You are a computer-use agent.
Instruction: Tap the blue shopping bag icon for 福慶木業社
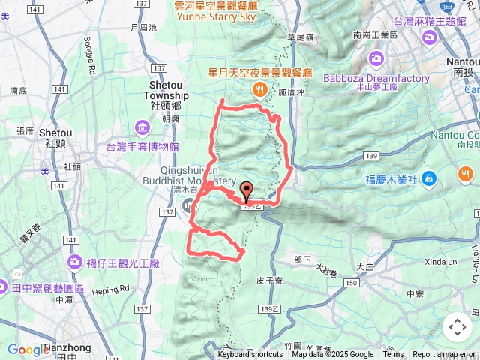click(427, 178)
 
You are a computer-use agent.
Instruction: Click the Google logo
click(28, 349)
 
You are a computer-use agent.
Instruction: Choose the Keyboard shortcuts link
click(250, 355)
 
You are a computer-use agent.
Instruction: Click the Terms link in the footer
click(393, 355)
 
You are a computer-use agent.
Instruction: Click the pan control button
click(457, 327)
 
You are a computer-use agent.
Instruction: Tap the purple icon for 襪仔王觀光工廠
click(75, 262)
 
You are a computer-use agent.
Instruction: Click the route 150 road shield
click(352, 282)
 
